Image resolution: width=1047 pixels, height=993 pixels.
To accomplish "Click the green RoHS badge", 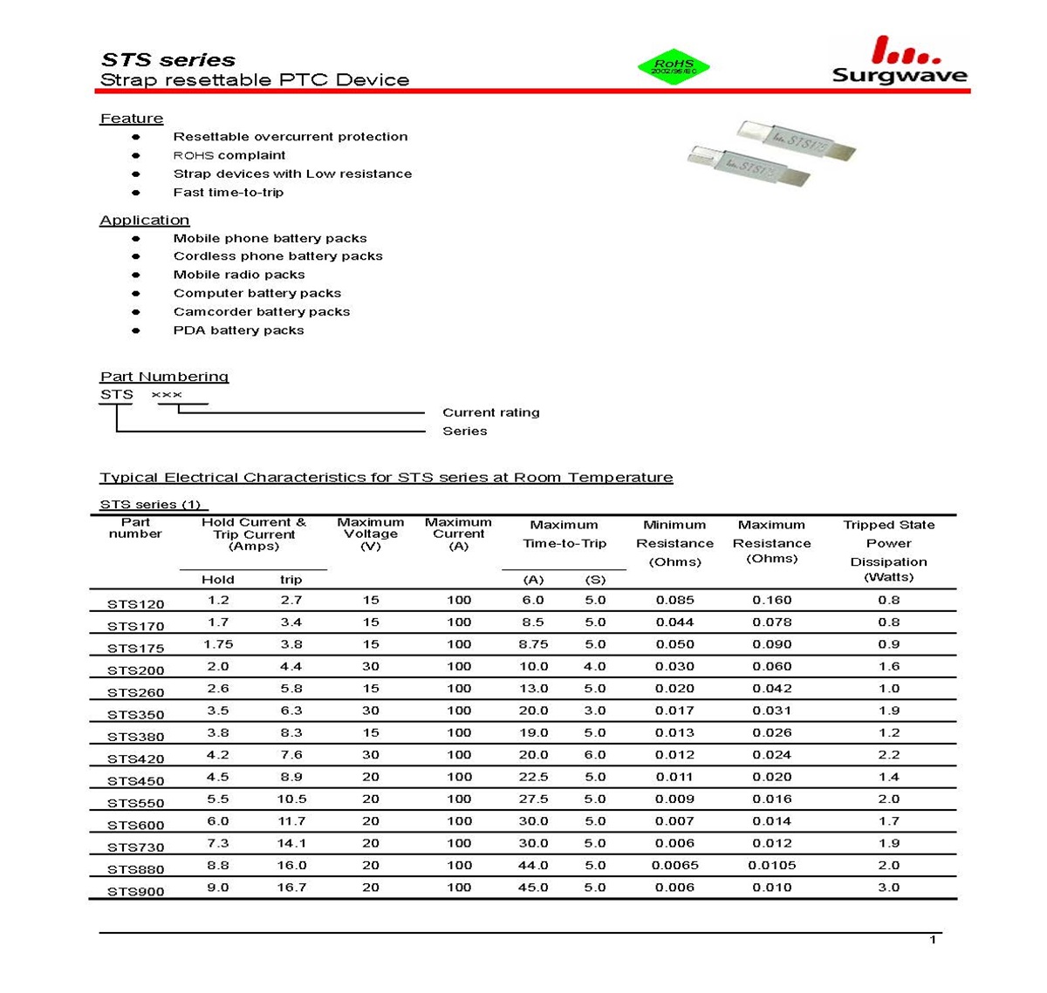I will (x=674, y=66).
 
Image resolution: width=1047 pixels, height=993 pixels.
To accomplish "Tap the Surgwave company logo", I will (x=899, y=61).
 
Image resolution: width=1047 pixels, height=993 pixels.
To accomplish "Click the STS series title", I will (x=168, y=60).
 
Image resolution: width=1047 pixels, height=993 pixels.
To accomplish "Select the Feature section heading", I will (x=132, y=119).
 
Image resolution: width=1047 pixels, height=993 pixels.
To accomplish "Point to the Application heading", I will (x=145, y=220).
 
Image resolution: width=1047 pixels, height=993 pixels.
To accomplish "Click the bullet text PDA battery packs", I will (x=238, y=330).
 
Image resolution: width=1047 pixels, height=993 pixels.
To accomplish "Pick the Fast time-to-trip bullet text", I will (x=228, y=193).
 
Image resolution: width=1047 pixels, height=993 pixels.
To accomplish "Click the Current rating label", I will (x=490, y=412).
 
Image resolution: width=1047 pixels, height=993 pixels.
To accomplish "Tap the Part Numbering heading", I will (x=164, y=377).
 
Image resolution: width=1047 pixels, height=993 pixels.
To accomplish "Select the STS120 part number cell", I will (x=135, y=603).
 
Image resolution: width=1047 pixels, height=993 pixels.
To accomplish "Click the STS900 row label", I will (x=135, y=891).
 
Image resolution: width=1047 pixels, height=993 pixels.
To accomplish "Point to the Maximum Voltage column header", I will (x=371, y=534).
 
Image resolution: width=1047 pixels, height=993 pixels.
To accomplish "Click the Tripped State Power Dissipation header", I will (x=888, y=550).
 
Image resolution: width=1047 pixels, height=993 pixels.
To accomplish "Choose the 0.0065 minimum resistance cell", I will (x=674, y=866).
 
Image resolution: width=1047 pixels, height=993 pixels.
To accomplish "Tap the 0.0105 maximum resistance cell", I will (x=771, y=866).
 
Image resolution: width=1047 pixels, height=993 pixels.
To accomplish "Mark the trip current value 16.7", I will (x=291, y=888).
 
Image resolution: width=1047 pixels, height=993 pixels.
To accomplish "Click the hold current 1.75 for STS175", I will (x=217, y=644).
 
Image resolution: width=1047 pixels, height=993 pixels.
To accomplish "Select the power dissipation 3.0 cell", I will (x=888, y=888).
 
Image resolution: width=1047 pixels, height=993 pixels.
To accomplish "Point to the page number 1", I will (x=934, y=939).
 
